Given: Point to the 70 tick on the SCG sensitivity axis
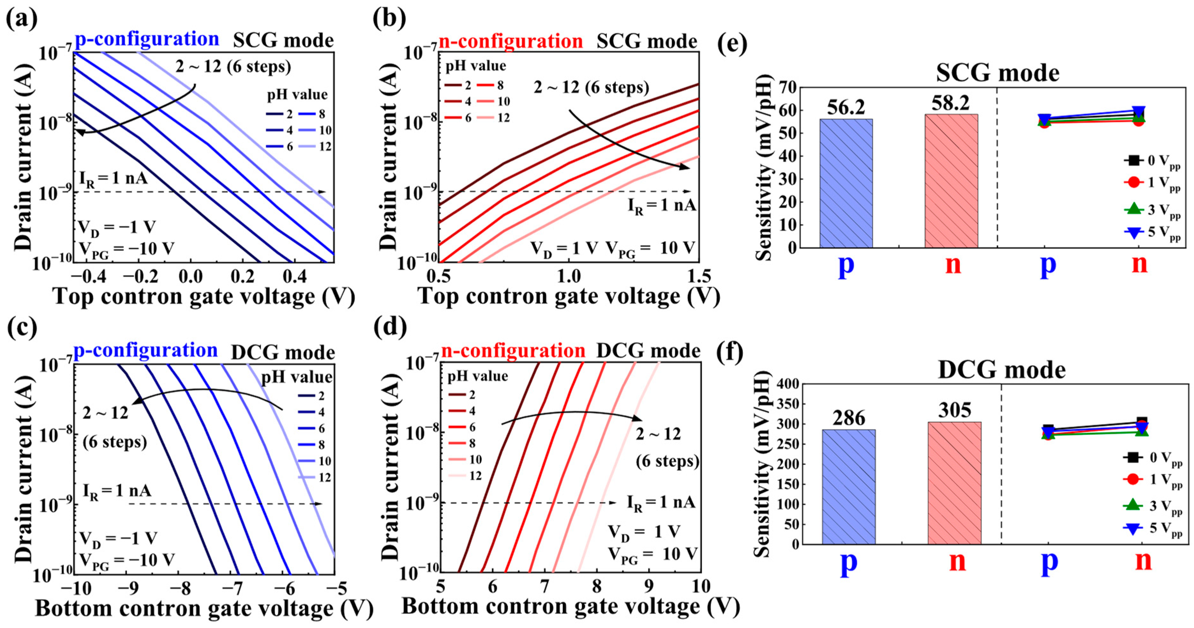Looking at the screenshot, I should pyautogui.click(x=787, y=88).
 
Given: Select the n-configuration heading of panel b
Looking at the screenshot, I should pyautogui.click(x=510, y=41).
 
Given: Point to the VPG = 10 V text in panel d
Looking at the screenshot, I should pyautogui.click(x=653, y=554).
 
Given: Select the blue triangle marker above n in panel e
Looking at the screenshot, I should pyautogui.click(x=1139, y=112).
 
